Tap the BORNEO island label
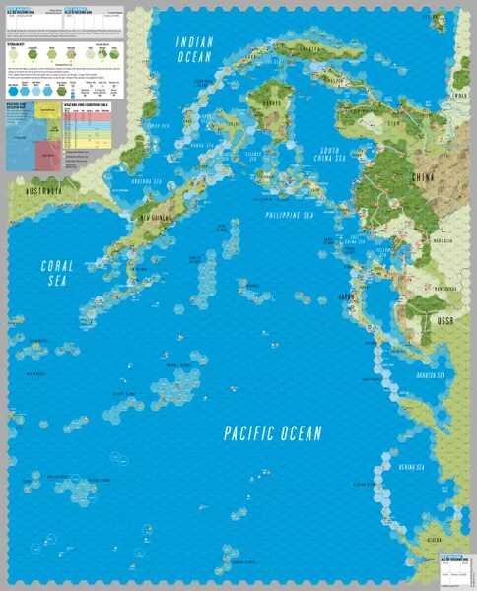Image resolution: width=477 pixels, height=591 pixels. (x=263, y=100)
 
